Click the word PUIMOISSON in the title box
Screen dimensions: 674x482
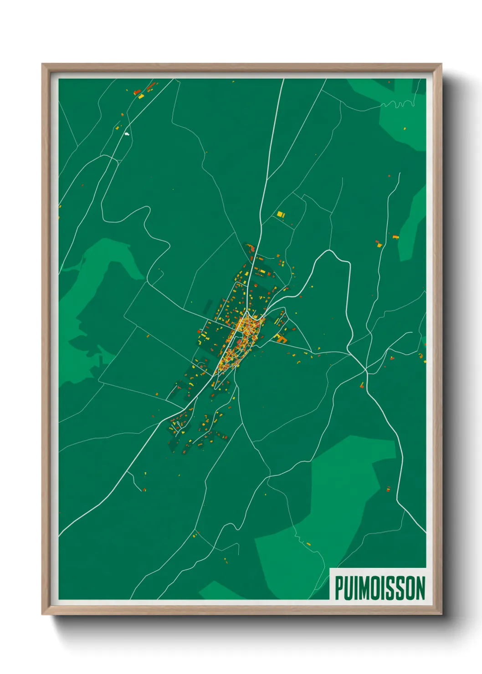380,588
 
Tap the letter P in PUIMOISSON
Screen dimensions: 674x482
339,588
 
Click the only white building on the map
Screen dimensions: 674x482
127,134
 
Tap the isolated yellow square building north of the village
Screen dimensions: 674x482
280,214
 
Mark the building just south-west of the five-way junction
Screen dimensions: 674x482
362,386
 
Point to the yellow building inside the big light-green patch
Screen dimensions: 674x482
308,544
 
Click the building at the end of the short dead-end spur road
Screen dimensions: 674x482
144,490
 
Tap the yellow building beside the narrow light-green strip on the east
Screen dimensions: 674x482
395,237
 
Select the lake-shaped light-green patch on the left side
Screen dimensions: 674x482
98,291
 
